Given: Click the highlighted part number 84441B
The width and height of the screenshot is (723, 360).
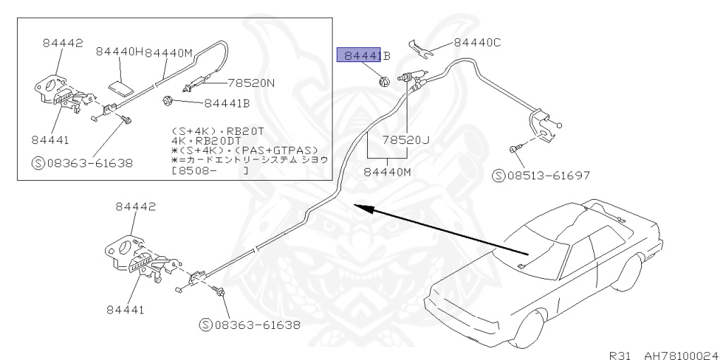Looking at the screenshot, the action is point(363,56).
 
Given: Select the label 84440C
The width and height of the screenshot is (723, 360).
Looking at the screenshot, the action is point(477,43).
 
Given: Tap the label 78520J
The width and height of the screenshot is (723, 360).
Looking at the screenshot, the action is point(405,140).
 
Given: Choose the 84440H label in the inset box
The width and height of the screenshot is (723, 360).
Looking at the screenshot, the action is point(119,52).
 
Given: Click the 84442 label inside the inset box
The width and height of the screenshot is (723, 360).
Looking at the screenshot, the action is point(62,42).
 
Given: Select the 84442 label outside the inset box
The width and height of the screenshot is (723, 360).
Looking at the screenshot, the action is point(136,206).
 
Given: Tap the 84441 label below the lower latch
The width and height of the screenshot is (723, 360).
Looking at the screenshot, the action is point(126,309).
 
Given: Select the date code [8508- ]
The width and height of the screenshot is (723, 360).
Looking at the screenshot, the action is point(210,170).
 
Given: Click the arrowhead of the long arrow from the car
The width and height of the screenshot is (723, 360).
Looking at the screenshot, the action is point(359,207).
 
